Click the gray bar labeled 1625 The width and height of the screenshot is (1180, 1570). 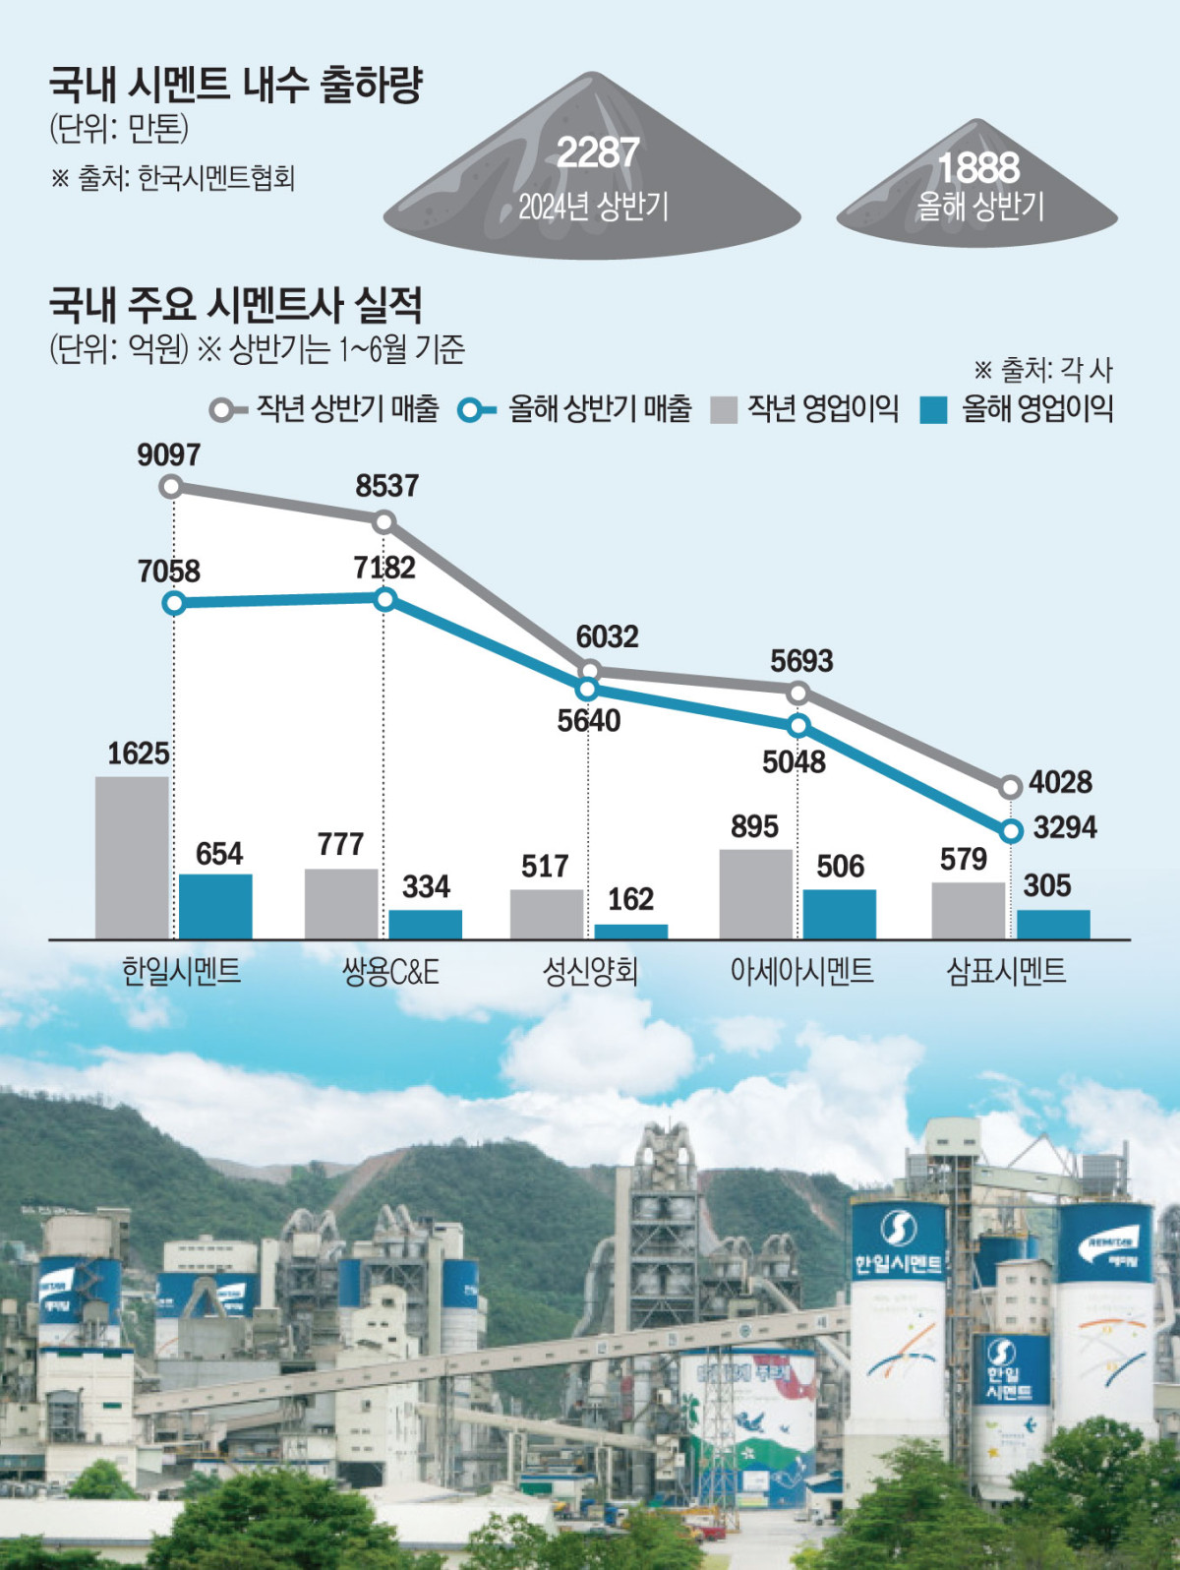[x=132, y=857]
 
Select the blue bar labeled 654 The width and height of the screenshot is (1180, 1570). [x=215, y=906]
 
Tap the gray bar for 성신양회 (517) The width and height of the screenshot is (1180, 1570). [x=546, y=914]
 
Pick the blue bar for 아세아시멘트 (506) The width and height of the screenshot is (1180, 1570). [x=839, y=914]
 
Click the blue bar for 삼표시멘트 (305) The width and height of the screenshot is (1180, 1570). [x=1053, y=924]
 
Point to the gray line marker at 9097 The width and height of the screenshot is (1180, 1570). [x=172, y=486]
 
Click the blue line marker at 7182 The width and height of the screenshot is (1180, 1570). [x=385, y=598]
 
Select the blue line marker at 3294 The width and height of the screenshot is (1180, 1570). [x=1011, y=831]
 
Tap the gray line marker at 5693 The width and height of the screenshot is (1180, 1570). [x=798, y=694]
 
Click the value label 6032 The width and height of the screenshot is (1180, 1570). [x=607, y=636]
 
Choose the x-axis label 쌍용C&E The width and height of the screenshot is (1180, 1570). [x=390, y=972]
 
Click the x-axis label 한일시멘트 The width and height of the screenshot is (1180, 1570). [x=181, y=972]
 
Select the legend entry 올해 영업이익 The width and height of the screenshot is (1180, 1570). [x=1018, y=408]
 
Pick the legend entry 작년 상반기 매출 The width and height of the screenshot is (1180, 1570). [x=325, y=408]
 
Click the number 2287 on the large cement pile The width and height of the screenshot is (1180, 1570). [x=598, y=152]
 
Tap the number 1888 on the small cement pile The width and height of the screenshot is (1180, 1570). [x=977, y=167]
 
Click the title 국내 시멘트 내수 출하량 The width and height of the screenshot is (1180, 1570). [x=236, y=85]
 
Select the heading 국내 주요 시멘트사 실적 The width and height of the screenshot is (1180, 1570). [x=236, y=305]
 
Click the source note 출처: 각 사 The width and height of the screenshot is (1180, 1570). [x=1043, y=370]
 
